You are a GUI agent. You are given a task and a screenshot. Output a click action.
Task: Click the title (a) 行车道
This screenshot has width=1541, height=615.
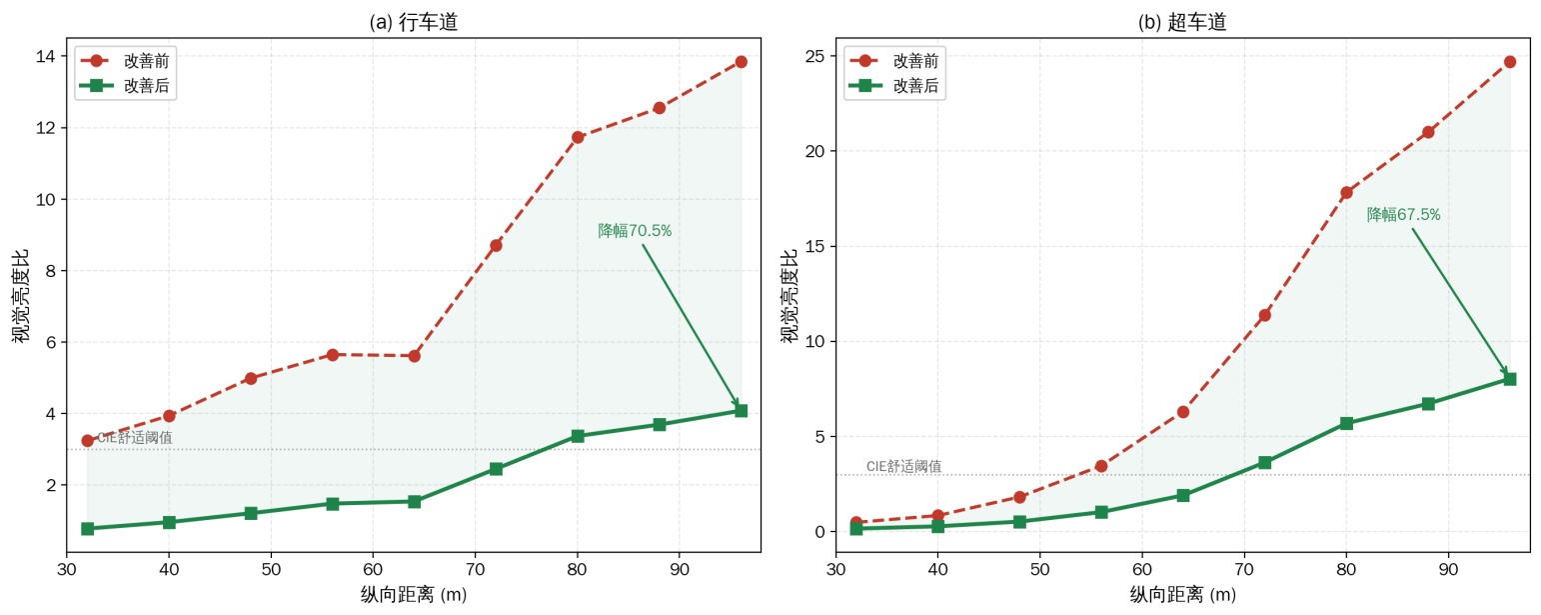pyautogui.click(x=414, y=22)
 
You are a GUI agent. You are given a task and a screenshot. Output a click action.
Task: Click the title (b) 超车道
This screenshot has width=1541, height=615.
pyautogui.click(x=1182, y=22)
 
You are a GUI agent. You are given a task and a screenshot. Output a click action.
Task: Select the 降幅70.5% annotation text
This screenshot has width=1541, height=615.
pyautogui.click(x=635, y=230)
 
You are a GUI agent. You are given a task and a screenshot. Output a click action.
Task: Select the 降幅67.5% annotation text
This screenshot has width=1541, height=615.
pyautogui.click(x=1403, y=214)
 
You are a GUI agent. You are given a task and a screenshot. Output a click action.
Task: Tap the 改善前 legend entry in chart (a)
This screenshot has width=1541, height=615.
pyautogui.click(x=125, y=61)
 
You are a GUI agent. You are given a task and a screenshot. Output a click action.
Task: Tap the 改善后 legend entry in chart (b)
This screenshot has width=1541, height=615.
pyautogui.click(x=893, y=85)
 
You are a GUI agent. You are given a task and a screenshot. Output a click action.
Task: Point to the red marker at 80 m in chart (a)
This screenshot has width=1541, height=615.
pyautogui.click(x=578, y=137)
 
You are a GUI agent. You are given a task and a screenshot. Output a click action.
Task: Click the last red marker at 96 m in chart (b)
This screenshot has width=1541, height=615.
pyautogui.click(x=1510, y=62)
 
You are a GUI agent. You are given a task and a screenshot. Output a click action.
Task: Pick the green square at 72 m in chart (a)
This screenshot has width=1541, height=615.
pyautogui.click(x=496, y=469)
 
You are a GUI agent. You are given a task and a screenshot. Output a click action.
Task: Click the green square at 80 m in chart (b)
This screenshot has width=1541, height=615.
pyautogui.click(x=1346, y=423)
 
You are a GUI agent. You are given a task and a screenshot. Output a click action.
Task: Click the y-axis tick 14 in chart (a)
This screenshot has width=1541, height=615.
pyautogui.click(x=46, y=56)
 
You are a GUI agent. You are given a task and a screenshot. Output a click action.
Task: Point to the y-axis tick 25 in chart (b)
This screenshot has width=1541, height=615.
pyautogui.click(x=815, y=56)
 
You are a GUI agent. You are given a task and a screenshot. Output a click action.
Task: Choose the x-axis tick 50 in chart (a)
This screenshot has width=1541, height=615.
pyautogui.click(x=271, y=570)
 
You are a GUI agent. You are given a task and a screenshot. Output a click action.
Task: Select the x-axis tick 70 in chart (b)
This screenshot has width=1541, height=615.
pyautogui.click(x=1244, y=570)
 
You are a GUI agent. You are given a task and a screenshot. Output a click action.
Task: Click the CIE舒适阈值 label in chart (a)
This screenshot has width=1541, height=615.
pyautogui.click(x=135, y=437)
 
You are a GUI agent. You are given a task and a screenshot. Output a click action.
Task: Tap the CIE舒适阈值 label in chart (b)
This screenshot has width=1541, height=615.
pyautogui.click(x=904, y=466)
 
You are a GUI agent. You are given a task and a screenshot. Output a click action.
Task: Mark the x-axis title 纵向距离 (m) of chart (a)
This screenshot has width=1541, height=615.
pyautogui.click(x=414, y=594)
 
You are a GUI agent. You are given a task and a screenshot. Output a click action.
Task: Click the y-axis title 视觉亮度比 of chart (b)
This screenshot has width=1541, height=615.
pyautogui.click(x=788, y=295)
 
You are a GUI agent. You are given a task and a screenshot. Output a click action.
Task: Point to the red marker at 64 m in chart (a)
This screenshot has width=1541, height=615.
pyautogui.click(x=414, y=356)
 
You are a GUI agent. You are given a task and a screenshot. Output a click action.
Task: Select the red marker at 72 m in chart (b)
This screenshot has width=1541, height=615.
pyautogui.click(x=1264, y=315)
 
